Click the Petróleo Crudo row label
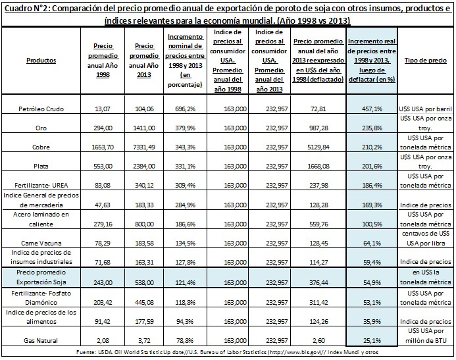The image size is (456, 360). click(41, 109)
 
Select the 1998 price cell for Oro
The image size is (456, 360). click(103, 128)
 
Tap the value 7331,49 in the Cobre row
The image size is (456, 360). click(144, 147)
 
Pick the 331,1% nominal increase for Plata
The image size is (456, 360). click(185, 167)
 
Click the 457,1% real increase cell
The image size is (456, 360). click(372, 109)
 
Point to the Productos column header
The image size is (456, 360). click(41, 61)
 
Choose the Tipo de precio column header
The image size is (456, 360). click(426, 61)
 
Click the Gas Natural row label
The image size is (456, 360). click(41, 340)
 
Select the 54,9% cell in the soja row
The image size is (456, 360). click(372, 282)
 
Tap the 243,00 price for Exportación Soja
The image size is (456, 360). click(103, 282)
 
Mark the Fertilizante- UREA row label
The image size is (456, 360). click(41, 185)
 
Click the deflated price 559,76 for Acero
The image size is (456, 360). click(318, 224)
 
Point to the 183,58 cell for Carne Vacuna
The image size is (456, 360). click(144, 243)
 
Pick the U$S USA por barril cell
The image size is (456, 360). click(426, 109)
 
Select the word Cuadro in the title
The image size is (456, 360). click(16, 9)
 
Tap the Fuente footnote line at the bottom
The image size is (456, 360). click(228, 352)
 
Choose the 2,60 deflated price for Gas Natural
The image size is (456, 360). click(318, 340)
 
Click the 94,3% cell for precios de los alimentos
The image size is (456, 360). click(185, 322)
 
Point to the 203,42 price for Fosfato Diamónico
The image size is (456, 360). click(103, 303)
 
